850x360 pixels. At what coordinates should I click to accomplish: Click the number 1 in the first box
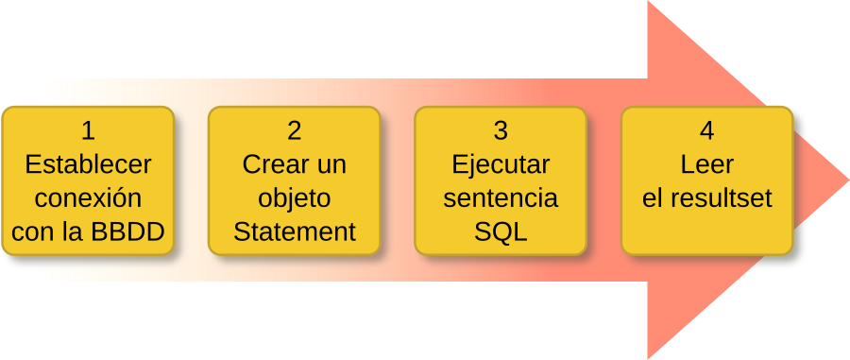pyautogui.click(x=88, y=130)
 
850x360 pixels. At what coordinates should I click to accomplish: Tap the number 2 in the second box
pyautogui.click(x=295, y=130)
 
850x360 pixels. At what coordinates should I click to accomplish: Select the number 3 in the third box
pyautogui.click(x=501, y=130)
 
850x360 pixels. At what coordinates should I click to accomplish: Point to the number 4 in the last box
pyautogui.click(x=707, y=130)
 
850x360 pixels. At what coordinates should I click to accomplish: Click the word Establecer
pyautogui.click(x=88, y=164)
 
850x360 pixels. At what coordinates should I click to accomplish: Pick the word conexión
pyautogui.click(x=88, y=198)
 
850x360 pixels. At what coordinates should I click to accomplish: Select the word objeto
pyautogui.click(x=295, y=198)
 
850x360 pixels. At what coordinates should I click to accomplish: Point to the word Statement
pyautogui.click(x=295, y=232)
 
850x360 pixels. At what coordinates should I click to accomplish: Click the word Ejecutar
pyautogui.click(x=501, y=164)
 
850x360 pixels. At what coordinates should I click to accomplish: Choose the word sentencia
pyautogui.click(x=501, y=198)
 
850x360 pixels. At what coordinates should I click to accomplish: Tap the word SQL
pyautogui.click(x=501, y=232)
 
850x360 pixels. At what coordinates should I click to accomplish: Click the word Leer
pyautogui.click(x=707, y=164)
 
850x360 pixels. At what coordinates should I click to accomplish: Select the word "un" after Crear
pyautogui.click(x=331, y=164)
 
